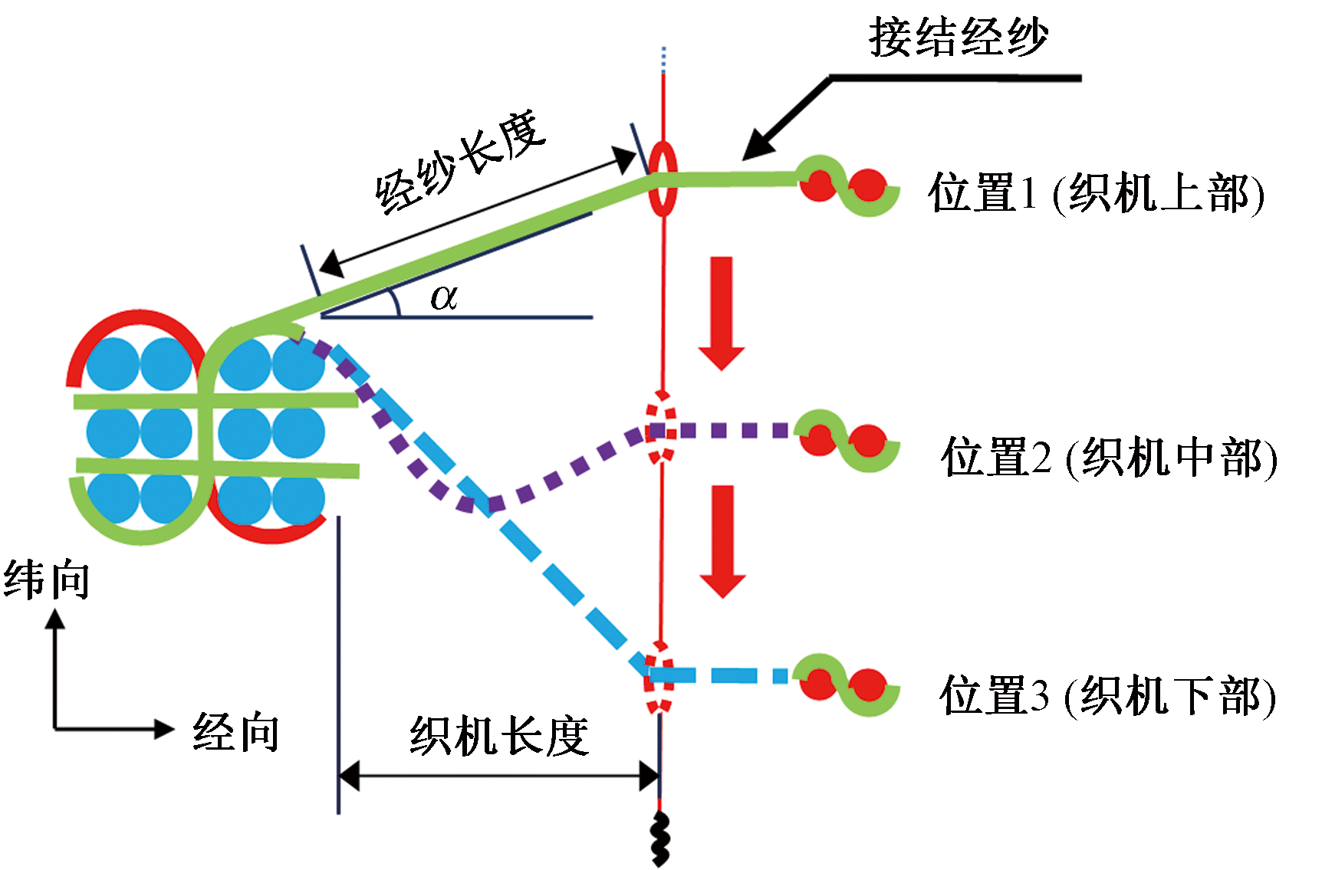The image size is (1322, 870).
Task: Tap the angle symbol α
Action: click(444, 297)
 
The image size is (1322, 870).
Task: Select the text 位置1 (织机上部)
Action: click(1096, 193)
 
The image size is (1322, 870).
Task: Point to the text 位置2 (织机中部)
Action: click(1109, 458)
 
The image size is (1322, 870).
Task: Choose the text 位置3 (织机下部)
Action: click(1107, 696)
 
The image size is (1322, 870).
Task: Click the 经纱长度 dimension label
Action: click(460, 163)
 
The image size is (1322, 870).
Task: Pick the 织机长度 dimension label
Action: click(498, 737)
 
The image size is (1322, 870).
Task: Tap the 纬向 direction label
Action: click(47, 579)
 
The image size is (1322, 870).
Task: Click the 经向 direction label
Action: click(236, 732)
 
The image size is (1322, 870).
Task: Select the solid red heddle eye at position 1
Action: click(663, 179)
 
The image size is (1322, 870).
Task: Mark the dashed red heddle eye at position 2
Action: click(661, 429)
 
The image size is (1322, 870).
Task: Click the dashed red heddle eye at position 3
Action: click(659, 678)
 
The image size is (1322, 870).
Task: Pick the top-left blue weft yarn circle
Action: click(112, 363)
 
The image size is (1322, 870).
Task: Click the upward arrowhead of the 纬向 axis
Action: click(54, 618)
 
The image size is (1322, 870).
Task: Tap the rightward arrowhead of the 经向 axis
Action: click(164, 729)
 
